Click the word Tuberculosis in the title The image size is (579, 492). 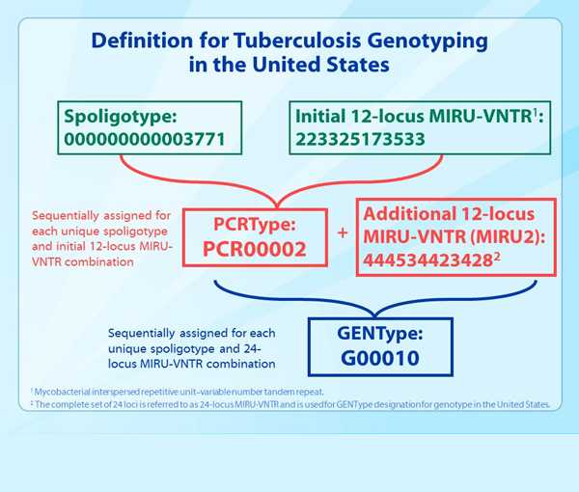tap(297, 41)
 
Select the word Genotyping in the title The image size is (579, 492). tap(427, 41)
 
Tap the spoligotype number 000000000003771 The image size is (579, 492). tap(145, 139)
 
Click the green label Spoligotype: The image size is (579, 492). tap(121, 117)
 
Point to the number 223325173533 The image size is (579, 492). tap(360, 139)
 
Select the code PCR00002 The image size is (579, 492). tap(255, 249)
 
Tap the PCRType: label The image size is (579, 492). tap(255, 225)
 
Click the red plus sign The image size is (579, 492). tap(343, 232)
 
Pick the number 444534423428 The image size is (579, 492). tap(427, 260)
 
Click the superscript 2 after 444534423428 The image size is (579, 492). tap(497, 257)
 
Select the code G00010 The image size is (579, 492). tap(380, 358)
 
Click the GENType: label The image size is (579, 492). tap(380, 334)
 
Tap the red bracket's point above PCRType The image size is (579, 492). tap(277, 207)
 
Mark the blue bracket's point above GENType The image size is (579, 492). tap(375, 316)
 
